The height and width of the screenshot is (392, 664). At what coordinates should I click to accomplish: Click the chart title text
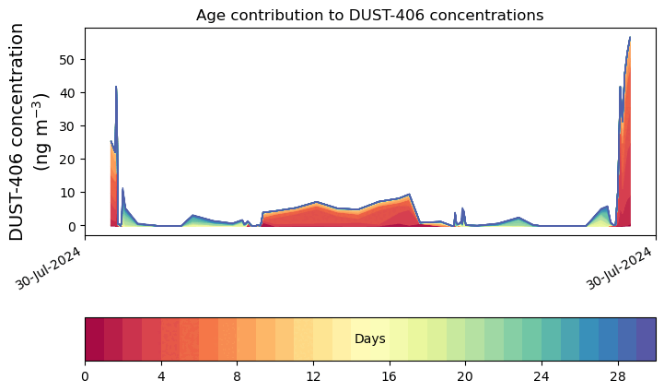369,16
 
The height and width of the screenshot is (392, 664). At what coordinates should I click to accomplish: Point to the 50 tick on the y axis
67,60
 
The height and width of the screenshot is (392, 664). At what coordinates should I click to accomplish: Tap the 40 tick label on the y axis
67,93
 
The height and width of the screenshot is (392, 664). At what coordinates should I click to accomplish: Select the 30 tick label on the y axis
67,126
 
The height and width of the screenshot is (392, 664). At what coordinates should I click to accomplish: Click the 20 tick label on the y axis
67,160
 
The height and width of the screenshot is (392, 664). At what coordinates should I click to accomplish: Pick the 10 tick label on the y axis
67,193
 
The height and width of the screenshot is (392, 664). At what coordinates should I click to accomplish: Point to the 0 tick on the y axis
71,226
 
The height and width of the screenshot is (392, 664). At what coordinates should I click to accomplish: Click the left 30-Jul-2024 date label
48,268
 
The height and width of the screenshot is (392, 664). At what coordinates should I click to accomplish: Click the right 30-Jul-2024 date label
619,268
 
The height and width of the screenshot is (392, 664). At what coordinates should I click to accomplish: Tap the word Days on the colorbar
370,339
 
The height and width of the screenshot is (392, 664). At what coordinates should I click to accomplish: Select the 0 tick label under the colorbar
85,376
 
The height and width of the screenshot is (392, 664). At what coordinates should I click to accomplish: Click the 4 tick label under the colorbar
161,376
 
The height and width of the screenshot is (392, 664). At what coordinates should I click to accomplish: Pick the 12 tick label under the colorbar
313,376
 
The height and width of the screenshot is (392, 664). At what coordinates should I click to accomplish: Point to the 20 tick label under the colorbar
465,376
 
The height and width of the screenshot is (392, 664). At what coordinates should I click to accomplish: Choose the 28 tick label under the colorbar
618,376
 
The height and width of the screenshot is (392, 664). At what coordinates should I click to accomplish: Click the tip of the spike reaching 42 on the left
116,87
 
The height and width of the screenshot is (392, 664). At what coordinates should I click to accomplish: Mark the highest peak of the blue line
630,37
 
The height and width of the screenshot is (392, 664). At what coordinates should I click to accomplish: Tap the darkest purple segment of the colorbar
647,339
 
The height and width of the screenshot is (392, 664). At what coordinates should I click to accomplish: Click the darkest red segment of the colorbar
95,339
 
